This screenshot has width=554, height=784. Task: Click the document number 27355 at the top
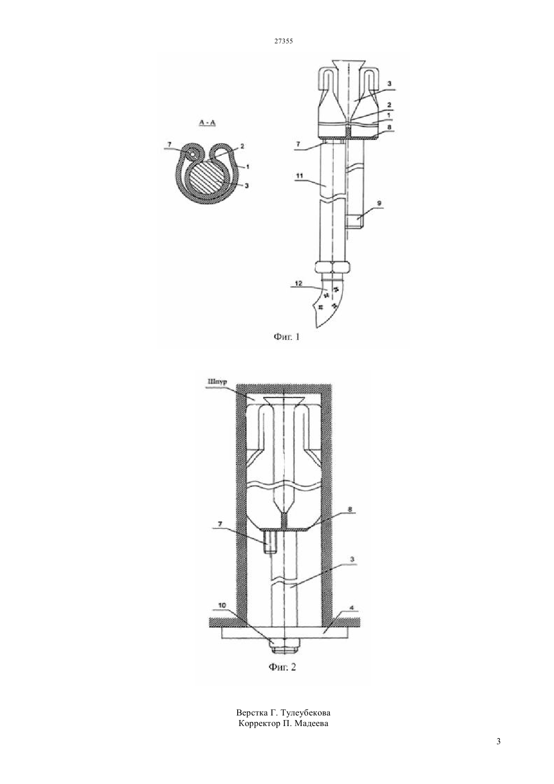[283, 41]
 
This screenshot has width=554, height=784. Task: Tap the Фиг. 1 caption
[287, 337]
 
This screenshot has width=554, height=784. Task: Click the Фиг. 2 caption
[282, 667]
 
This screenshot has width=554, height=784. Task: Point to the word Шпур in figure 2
[217, 381]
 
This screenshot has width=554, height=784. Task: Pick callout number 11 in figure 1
[299, 176]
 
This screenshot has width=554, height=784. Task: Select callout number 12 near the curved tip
[299, 283]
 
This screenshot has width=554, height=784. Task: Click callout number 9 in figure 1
[380, 203]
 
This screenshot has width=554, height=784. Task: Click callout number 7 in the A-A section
[170, 144]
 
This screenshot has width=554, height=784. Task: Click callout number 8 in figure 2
[350, 510]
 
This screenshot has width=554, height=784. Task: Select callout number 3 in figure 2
[352, 559]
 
